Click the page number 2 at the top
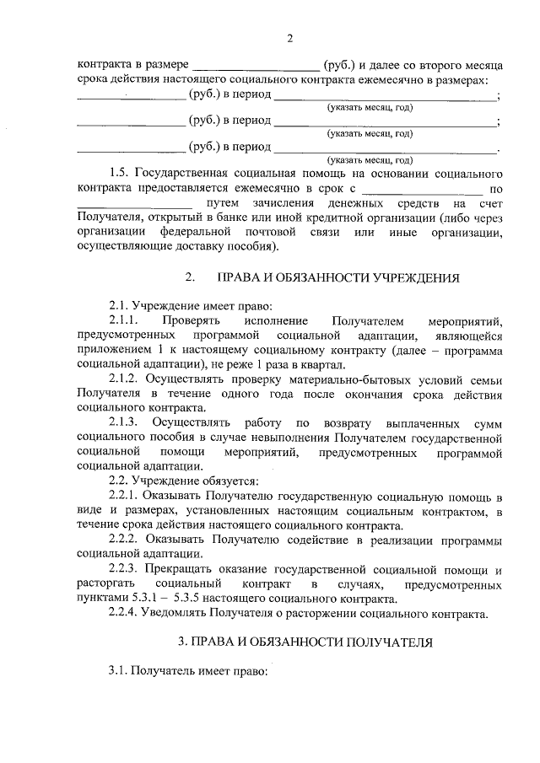click(289, 38)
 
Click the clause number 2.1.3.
click(124, 422)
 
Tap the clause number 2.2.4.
click(124, 613)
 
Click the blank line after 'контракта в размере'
click(256, 64)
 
